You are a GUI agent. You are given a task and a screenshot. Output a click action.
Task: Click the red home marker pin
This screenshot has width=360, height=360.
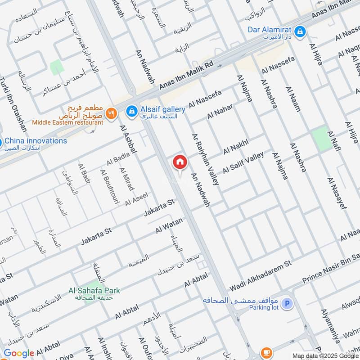click(x=180, y=162)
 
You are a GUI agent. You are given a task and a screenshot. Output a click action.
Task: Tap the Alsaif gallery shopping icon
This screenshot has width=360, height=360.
click(x=131, y=110)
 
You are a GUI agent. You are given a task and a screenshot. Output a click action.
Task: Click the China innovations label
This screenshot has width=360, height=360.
click(x=36, y=141)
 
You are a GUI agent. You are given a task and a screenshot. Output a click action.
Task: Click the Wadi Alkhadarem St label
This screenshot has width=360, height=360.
click(x=261, y=274)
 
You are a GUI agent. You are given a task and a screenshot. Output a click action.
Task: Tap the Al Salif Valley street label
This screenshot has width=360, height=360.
click(x=243, y=163)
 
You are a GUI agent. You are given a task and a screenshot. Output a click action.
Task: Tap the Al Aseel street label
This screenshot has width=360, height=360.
click(x=136, y=198)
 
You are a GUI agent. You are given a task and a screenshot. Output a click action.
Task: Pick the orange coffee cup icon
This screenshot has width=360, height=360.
click(x=266, y=351)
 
